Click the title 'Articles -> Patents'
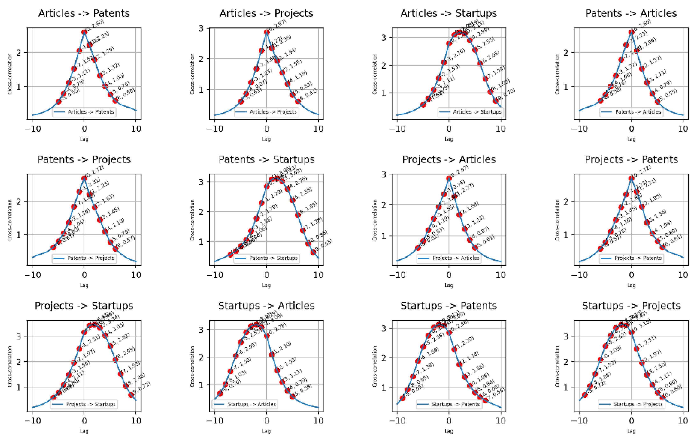[84, 13]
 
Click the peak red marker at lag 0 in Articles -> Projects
[266, 32]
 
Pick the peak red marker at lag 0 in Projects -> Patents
[631, 178]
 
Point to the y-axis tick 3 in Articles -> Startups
[384, 38]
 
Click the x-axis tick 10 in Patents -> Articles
[683, 129]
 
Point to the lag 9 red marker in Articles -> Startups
[496, 101]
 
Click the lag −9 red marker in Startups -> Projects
[584, 395]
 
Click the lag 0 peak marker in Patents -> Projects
[84, 178]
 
